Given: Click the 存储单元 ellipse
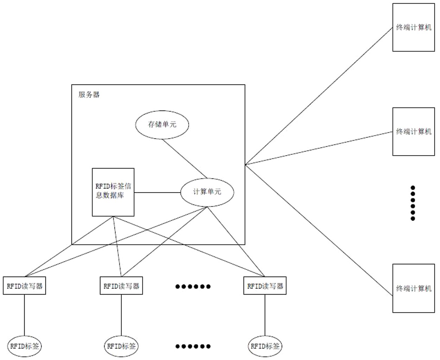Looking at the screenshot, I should [162, 124].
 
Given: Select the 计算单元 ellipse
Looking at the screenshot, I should [207, 192].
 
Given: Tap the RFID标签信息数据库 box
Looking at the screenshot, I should [113, 192].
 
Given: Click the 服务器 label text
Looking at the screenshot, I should [89, 94].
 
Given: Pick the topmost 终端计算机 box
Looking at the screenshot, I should [413, 27].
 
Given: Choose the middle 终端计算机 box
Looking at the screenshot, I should [413, 132].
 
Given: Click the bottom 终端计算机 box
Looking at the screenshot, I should [413, 288].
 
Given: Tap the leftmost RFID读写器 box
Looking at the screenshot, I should [24, 286].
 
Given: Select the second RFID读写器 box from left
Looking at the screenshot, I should [121, 286].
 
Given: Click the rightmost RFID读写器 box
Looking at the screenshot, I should [265, 286].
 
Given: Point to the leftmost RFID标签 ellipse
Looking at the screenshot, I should [24, 346].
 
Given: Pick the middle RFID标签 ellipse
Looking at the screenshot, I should [121, 346].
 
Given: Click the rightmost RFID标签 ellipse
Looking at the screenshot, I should [265, 346].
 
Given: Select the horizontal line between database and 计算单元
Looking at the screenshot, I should [157, 192].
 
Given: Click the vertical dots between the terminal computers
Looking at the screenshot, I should [413, 203].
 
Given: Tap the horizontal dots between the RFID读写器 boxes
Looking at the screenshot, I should [193, 286].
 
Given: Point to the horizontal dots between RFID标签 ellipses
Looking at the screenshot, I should [193, 346].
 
